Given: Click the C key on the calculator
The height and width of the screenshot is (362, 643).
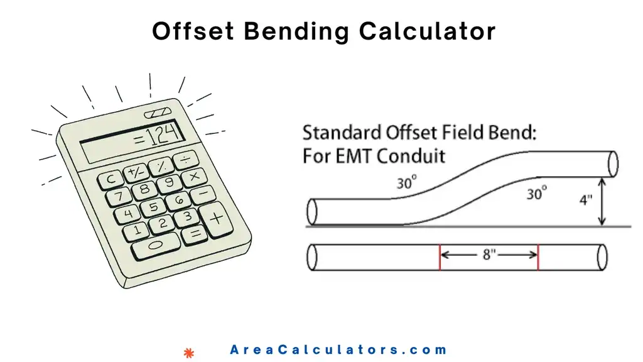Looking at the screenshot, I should point(111,179).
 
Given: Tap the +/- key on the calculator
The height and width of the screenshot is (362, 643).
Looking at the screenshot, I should point(134,172).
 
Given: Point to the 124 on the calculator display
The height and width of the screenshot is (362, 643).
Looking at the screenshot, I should point(158,133).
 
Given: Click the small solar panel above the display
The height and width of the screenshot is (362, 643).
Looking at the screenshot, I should point(157,114).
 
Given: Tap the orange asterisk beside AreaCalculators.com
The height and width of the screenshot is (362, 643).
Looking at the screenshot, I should point(188,353).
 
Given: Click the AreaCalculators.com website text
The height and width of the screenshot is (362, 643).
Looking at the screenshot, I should point(338,351).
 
